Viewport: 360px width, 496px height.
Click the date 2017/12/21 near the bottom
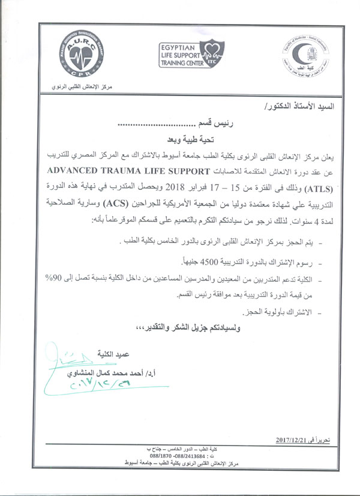point(295,440)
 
